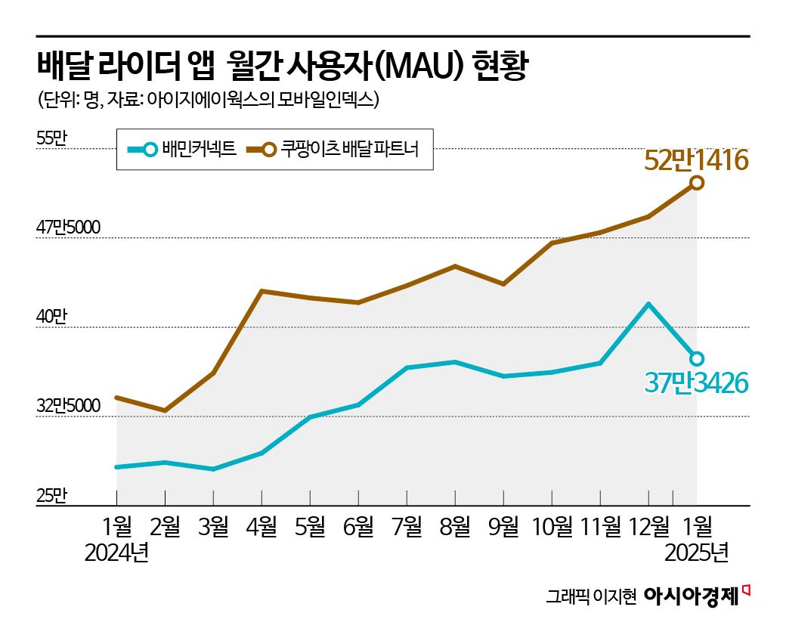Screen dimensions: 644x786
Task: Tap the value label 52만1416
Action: pyautogui.click(x=695, y=160)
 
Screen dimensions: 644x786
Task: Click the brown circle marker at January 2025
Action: pyautogui.click(x=697, y=183)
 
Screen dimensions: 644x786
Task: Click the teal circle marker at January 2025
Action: pyautogui.click(x=697, y=358)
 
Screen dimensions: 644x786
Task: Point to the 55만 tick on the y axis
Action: pyautogui.click(x=52, y=138)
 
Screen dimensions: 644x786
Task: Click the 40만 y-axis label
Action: pyautogui.click(x=52, y=317)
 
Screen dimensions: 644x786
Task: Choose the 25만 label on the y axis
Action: pyautogui.click(x=52, y=495)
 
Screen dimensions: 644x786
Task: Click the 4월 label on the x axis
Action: pyautogui.click(x=261, y=526)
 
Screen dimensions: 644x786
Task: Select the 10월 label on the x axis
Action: pyautogui.click(x=552, y=526)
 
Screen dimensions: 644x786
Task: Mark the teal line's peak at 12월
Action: pyautogui.click(x=648, y=304)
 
